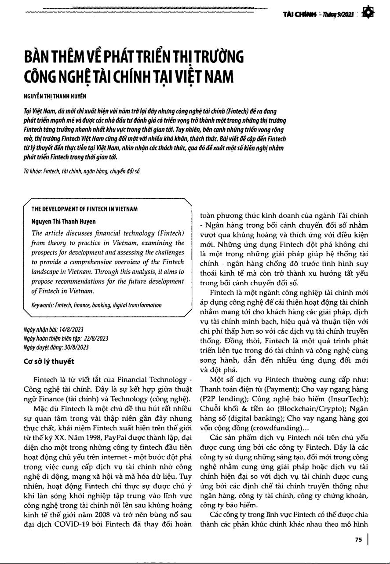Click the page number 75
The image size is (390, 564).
click(x=358, y=540)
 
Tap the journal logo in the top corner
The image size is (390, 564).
click(x=369, y=14)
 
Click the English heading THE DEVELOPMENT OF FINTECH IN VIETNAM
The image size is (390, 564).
click(x=84, y=209)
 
